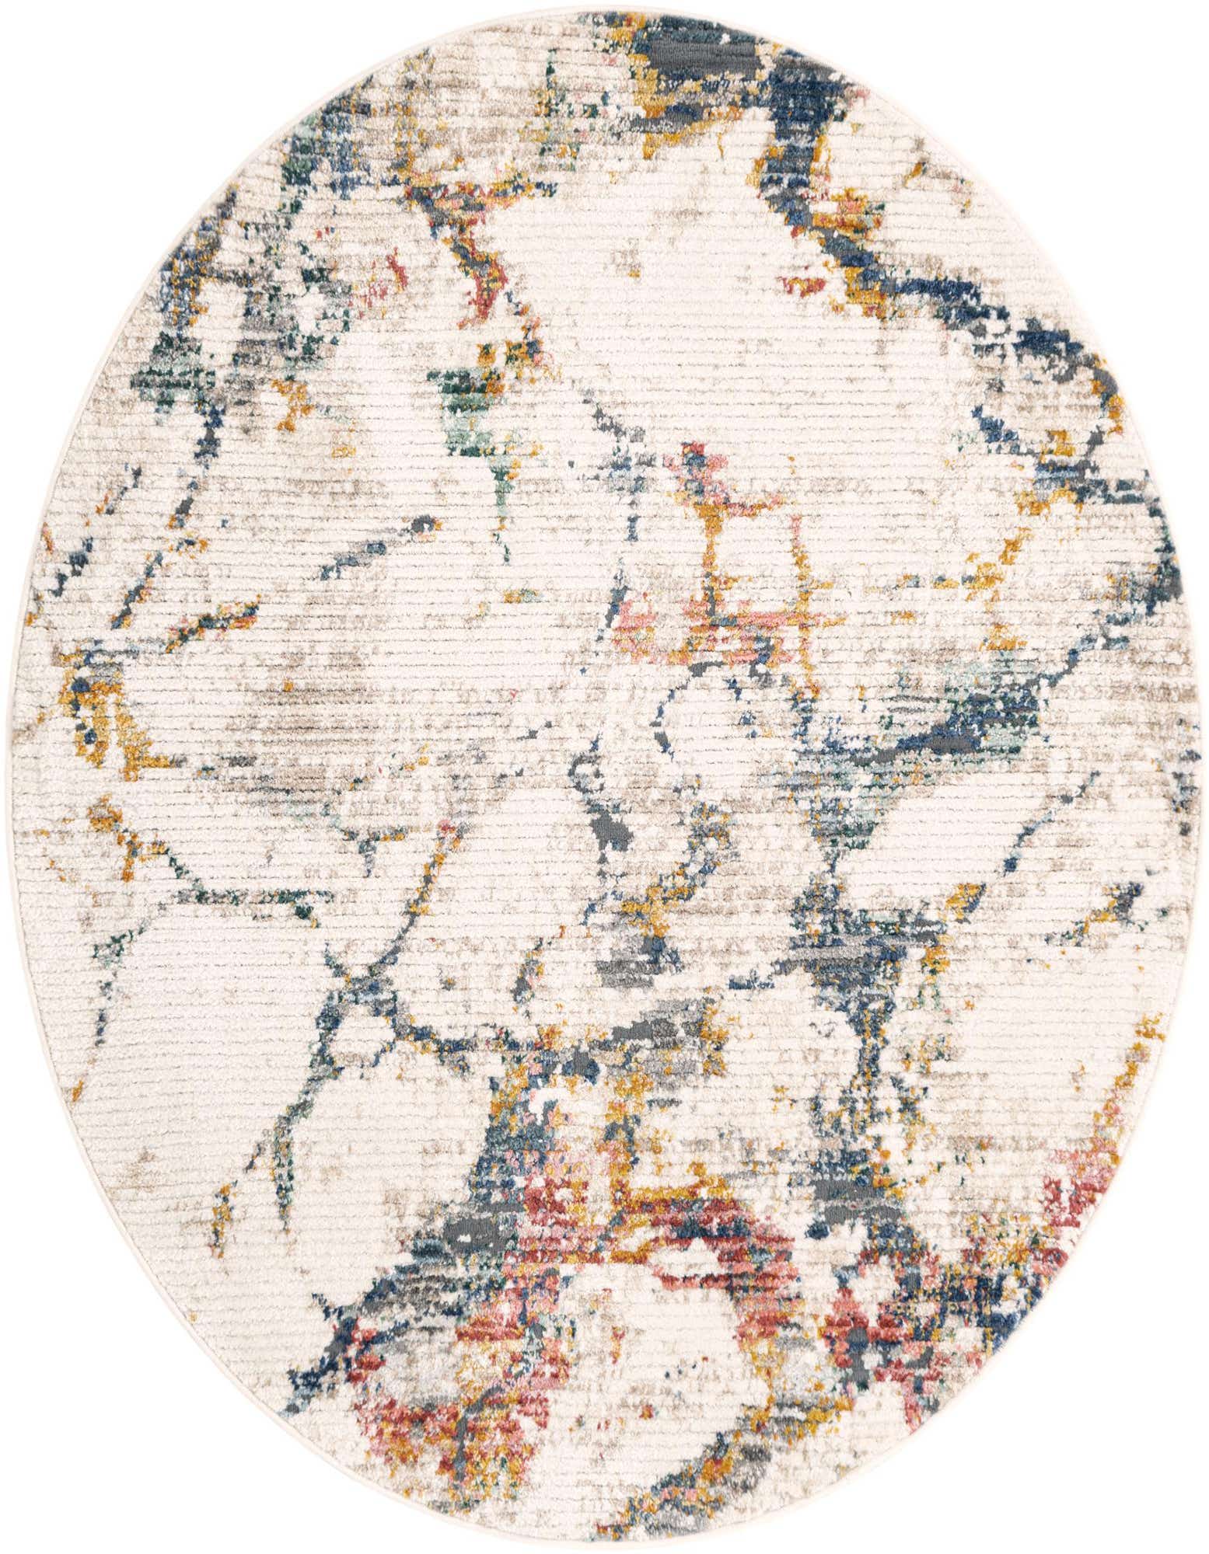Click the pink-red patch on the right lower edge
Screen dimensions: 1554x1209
point(1065,1189)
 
